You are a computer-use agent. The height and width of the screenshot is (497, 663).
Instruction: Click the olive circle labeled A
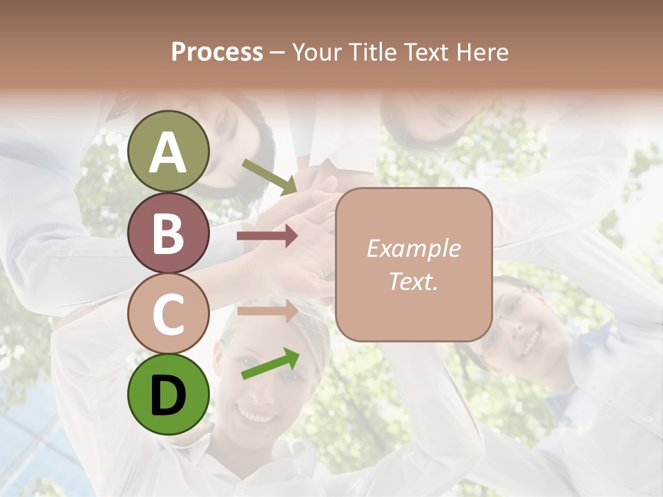pyautogui.click(x=168, y=151)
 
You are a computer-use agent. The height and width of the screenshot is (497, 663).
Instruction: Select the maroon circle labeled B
pyautogui.click(x=168, y=233)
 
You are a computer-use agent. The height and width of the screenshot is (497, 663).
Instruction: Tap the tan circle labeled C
pyautogui.click(x=168, y=313)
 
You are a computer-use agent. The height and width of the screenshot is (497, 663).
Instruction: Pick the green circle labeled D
pyautogui.click(x=168, y=394)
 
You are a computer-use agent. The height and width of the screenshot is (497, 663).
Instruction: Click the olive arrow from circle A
pyautogui.click(x=269, y=176)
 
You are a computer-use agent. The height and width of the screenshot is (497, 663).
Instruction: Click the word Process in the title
pyautogui.click(x=217, y=52)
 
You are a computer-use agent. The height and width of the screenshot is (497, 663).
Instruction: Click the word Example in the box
pyautogui.click(x=413, y=248)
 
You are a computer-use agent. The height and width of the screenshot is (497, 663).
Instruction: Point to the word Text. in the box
pyautogui.click(x=413, y=281)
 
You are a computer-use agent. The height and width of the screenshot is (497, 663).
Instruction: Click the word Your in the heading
pyautogui.click(x=315, y=52)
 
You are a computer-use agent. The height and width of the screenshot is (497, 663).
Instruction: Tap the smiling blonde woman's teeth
pyautogui.click(x=254, y=416)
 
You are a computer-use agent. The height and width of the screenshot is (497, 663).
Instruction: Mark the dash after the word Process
pyautogui.click(x=278, y=53)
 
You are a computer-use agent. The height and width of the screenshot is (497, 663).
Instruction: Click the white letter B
pyautogui.click(x=168, y=233)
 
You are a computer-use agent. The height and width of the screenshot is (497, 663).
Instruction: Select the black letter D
pyautogui.click(x=168, y=396)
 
